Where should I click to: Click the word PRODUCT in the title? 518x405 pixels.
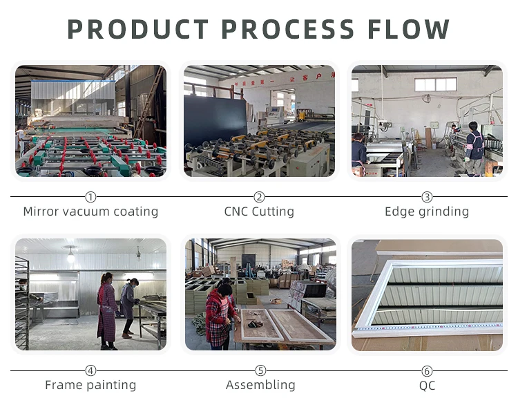tap(137, 29)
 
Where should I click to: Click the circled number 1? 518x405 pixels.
tap(90, 197)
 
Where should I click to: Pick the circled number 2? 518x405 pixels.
tap(259, 197)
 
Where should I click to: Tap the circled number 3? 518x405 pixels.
tap(427, 197)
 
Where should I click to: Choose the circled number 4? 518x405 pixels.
tap(90, 371)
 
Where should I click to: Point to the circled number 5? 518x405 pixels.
tap(260, 371)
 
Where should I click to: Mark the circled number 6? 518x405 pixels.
tap(427, 371)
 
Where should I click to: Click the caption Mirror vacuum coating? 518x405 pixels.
tap(90, 211)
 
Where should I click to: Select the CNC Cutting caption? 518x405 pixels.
tap(259, 211)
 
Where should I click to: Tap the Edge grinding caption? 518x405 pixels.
tap(427, 211)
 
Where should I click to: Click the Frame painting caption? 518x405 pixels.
tap(90, 385)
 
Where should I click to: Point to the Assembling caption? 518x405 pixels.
tap(260, 385)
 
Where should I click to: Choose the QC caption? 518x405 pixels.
tap(427, 386)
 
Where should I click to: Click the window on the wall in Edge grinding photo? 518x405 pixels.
tap(435, 84)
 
